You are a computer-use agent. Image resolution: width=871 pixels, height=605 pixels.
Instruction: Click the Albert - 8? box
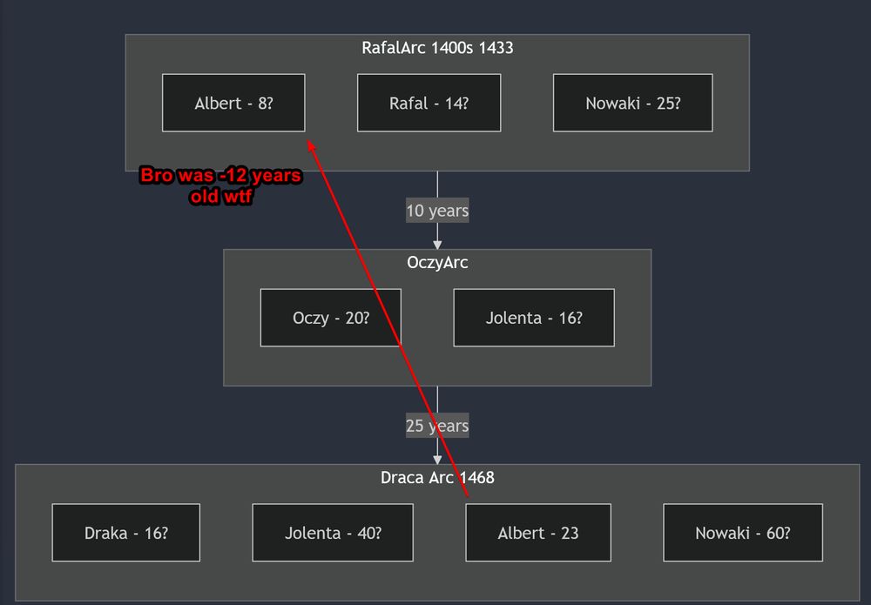[x=233, y=103]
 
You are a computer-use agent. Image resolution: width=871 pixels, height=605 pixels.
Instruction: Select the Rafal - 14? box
[x=429, y=103]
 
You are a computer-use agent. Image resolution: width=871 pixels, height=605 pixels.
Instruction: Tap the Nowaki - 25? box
[x=632, y=103]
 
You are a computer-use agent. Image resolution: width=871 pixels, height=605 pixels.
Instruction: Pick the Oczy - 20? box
[x=330, y=318]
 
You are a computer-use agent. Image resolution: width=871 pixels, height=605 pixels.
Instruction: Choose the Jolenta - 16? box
[x=534, y=318]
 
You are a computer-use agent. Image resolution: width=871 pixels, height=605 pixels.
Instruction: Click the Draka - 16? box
[x=126, y=533]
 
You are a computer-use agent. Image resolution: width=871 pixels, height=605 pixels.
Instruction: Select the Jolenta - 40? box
[x=333, y=533]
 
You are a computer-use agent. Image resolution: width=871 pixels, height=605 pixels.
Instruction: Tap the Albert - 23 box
[x=538, y=533]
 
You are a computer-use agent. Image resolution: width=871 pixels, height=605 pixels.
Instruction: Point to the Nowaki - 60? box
[x=743, y=533]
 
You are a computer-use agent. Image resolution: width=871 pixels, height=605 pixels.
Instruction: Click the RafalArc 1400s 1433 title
[x=437, y=48]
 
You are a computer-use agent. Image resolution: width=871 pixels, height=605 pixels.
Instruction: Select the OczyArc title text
[x=437, y=263]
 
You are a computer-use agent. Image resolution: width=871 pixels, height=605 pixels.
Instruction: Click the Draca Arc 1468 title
[x=437, y=477]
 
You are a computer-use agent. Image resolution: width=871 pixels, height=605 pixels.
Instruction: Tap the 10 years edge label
[x=437, y=211]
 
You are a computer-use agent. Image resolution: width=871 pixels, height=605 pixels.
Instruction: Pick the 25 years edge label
[x=437, y=426]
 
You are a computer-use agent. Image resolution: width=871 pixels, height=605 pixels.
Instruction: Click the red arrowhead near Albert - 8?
[x=312, y=145]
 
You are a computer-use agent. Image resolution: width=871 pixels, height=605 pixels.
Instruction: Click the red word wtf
[x=237, y=197]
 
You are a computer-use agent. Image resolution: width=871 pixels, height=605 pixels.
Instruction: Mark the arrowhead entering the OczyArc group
[x=437, y=245]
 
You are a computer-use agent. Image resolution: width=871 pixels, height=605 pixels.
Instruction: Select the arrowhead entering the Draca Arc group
[x=437, y=460]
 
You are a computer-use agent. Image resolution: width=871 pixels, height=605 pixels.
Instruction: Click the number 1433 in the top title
[x=496, y=48]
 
